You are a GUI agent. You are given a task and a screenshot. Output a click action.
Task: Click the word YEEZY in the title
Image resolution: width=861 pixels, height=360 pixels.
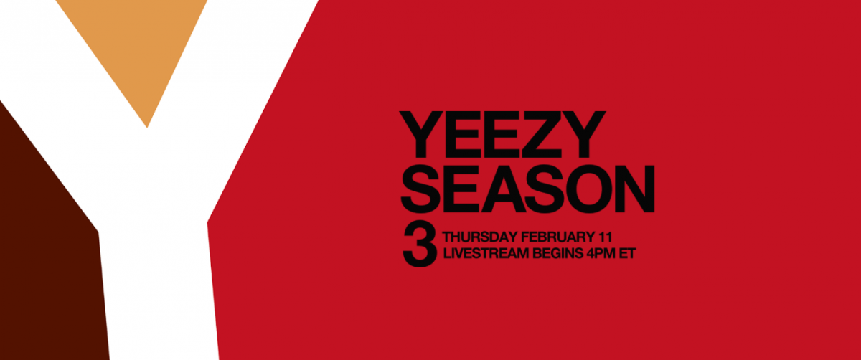[502, 135]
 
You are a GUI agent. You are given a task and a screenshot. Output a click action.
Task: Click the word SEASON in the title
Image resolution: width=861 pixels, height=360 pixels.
[527, 189]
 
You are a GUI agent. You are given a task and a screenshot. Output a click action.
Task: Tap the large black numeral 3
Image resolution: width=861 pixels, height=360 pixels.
[420, 244]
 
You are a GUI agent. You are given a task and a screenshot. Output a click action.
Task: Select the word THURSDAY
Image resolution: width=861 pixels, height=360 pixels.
[480, 237]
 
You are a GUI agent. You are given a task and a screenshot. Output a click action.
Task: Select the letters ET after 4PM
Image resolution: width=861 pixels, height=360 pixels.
[627, 254]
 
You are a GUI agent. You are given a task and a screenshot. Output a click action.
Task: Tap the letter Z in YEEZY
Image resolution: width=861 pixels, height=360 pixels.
[540, 135]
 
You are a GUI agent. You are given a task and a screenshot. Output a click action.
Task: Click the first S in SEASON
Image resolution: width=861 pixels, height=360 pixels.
[420, 189]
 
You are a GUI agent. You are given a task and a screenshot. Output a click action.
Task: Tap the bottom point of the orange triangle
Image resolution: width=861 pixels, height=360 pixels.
[147, 128]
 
